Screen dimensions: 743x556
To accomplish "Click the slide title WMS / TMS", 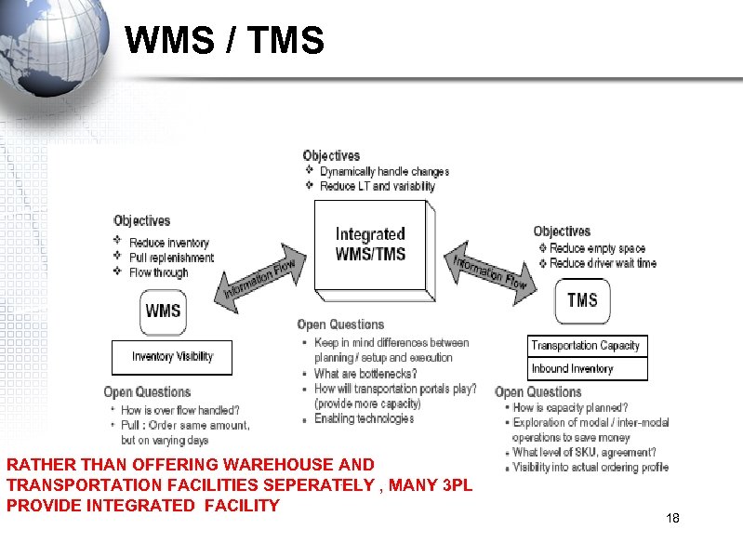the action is [224, 41].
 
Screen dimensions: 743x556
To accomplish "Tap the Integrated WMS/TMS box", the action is [370, 245].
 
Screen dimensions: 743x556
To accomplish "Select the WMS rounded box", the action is [163, 311].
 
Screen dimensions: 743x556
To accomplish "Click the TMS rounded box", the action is [582, 300].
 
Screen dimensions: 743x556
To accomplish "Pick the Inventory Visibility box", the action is [172, 357].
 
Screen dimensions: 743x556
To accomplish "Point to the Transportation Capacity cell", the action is [586, 346].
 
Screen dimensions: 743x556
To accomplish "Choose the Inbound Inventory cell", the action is [573, 369].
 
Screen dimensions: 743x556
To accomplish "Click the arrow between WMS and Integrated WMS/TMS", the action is [259, 276].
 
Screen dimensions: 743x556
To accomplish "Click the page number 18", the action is [673, 518].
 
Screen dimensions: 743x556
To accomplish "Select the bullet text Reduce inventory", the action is [169, 243].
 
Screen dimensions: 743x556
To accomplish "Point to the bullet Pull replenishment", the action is [171, 258].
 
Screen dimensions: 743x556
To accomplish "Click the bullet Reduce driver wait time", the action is [603, 263].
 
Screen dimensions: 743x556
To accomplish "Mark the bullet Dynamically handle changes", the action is [384, 171].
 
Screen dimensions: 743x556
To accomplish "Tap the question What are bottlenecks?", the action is [365, 374].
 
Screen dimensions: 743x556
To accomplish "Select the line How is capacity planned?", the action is [570, 407].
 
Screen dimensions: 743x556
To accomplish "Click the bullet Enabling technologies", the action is [364, 418].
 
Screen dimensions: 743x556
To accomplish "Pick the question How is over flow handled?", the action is [179, 410].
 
